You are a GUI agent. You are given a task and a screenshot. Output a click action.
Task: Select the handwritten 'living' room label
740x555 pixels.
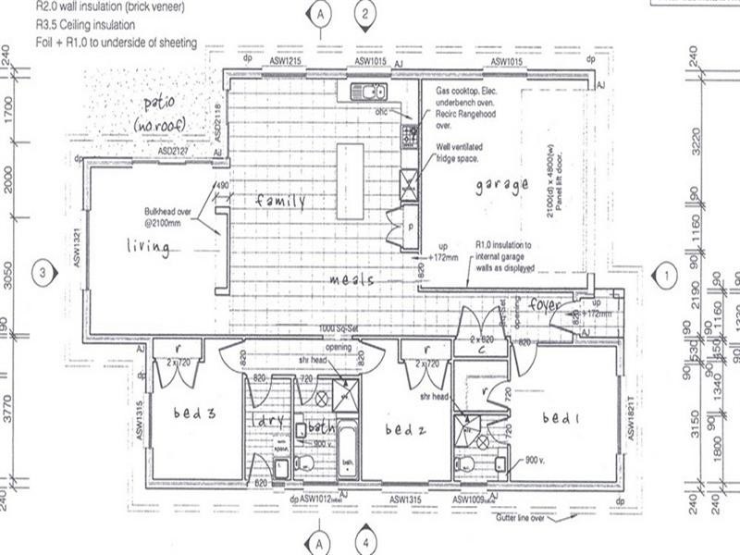pyautogui.click(x=148, y=246)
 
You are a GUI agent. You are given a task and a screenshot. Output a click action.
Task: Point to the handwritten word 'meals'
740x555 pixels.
pyautogui.click(x=353, y=278)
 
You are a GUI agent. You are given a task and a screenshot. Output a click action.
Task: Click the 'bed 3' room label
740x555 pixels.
pyautogui.click(x=193, y=413)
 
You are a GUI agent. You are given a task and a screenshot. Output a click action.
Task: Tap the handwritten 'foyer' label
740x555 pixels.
pyautogui.click(x=547, y=303)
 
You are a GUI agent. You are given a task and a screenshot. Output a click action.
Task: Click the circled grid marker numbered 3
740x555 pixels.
pyautogui.click(x=41, y=272)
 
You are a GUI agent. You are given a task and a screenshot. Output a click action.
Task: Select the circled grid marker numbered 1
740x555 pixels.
pyautogui.click(x=662, y=274)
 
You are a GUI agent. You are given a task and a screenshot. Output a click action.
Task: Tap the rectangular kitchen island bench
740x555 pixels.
pyautogui.click(x=350, y=181)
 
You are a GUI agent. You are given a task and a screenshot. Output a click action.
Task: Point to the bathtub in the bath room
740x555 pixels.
pyautogui.click(x=347, y=450)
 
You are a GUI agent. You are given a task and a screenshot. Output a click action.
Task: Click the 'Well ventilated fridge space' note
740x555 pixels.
pyautogui.click(x=464, y=151)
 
